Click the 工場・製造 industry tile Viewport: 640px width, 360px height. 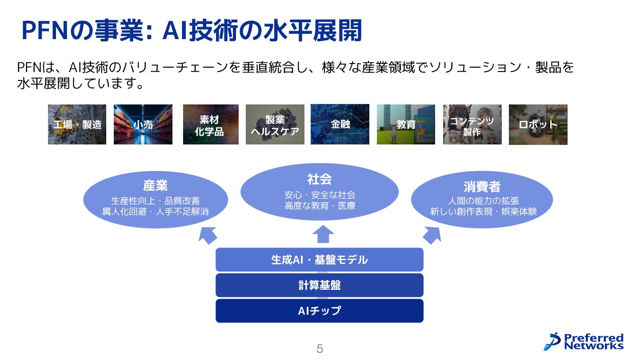click(x=77, y=124)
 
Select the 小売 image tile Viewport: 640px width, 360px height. click(x=143, y=124)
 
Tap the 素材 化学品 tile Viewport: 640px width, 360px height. click(x=211, y=124)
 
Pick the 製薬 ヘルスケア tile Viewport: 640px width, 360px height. click(x=275, y=124)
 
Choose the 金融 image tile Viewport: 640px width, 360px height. click(x=340, y=124)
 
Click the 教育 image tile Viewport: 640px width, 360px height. click(x=406, y=124)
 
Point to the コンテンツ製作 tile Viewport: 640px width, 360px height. click(x=472, y=124)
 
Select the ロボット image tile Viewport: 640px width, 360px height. click(x=538, y=124)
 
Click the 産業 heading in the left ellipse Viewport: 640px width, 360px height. click(x=156, y=185)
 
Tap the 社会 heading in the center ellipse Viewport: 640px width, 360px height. click(x=319, y=179)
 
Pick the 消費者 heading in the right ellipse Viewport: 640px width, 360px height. click(x=482, y=186)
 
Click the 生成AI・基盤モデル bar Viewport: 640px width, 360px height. click(x=319, y=260)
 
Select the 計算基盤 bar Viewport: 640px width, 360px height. click(x=319, y=285)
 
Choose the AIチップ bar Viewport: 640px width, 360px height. click(x=319, y=311)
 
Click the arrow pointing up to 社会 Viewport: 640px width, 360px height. click(x=323, y=234)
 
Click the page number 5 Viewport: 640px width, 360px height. click(x=320, y=349)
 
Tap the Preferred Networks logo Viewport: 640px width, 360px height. click(x=584, y=341)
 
